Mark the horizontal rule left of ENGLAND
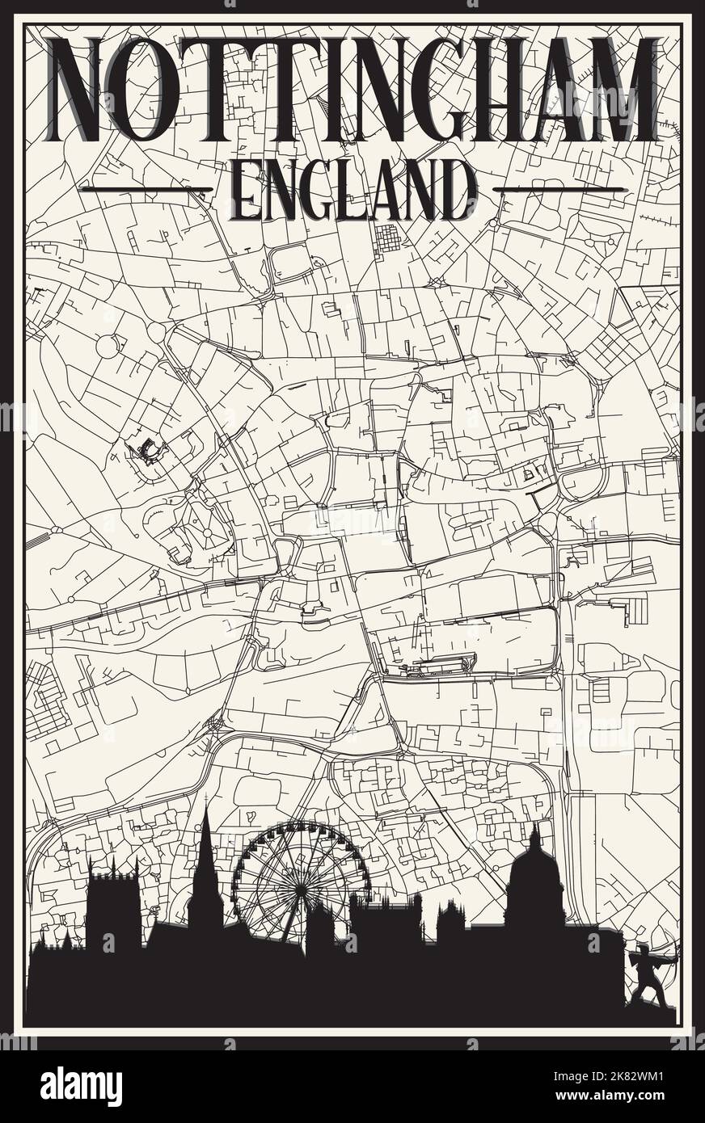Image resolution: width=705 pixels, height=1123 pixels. pos(146,190)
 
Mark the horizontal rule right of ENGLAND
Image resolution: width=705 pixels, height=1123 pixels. pos(558,190)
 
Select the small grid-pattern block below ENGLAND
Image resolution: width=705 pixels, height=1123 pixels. pos(389,238)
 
